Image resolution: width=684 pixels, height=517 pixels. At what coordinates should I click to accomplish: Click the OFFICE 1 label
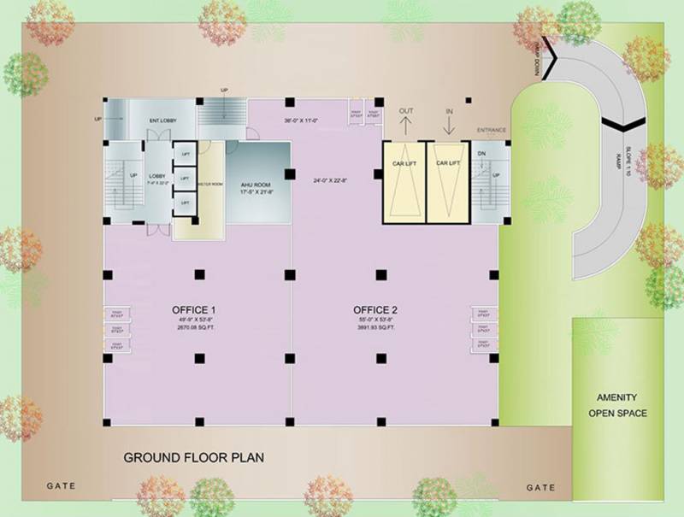[195, 309]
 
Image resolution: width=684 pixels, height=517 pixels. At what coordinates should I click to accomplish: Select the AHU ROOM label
[256, 185]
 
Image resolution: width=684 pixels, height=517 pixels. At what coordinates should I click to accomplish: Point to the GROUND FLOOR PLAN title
[194, 457]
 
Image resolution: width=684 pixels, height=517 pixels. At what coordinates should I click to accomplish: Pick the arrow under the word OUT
[406, 126]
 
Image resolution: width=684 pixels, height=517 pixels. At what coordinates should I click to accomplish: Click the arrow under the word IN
[448, 126]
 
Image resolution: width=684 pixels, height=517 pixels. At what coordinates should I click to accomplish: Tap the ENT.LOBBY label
[162, 120]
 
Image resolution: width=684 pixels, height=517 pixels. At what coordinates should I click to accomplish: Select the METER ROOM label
[210, 183]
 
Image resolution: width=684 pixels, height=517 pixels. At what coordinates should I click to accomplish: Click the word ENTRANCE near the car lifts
[492, 130]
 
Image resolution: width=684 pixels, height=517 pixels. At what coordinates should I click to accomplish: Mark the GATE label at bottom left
[61, 486]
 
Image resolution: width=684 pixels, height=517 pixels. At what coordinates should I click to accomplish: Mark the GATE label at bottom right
[541, 488]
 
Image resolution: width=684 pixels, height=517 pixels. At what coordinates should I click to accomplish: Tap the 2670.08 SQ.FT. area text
[195, 328]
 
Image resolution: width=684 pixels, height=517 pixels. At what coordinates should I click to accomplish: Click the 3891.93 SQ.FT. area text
[377, 328]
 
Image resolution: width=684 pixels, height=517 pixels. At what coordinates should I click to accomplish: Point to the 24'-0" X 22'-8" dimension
[332, 180]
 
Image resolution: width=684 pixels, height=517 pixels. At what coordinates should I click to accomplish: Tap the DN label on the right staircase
[481, 155]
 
